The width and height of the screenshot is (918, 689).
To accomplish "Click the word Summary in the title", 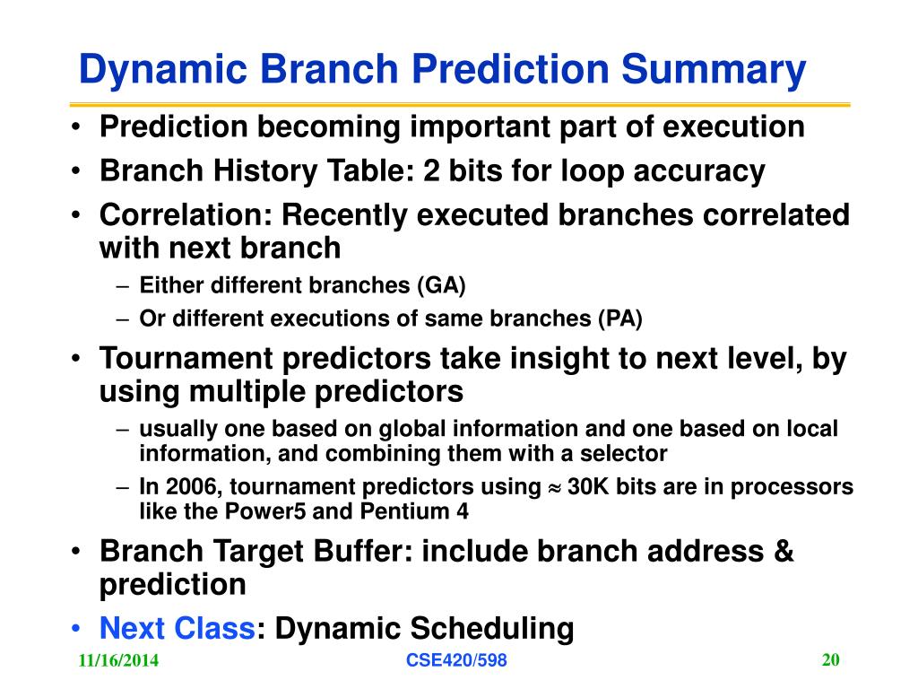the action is click(714, 70).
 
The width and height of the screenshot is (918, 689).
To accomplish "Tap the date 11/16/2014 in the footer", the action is click(118, 660).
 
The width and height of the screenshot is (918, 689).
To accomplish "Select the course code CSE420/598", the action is click(456, 660).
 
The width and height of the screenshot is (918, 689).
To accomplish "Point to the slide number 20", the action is click(831, 659).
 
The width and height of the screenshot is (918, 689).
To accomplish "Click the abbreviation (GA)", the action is click(441, 286).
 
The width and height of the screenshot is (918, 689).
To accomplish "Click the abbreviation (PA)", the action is click(620, 318).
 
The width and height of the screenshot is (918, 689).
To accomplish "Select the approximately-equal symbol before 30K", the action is click(554, 488).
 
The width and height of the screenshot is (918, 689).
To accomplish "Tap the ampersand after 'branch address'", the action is click(784, 552).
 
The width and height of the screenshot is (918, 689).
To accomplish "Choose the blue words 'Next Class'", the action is click(178, 629).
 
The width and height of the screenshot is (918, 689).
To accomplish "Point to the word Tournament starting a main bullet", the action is click(186, 359).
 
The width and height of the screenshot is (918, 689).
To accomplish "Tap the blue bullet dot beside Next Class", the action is click(75, 629).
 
